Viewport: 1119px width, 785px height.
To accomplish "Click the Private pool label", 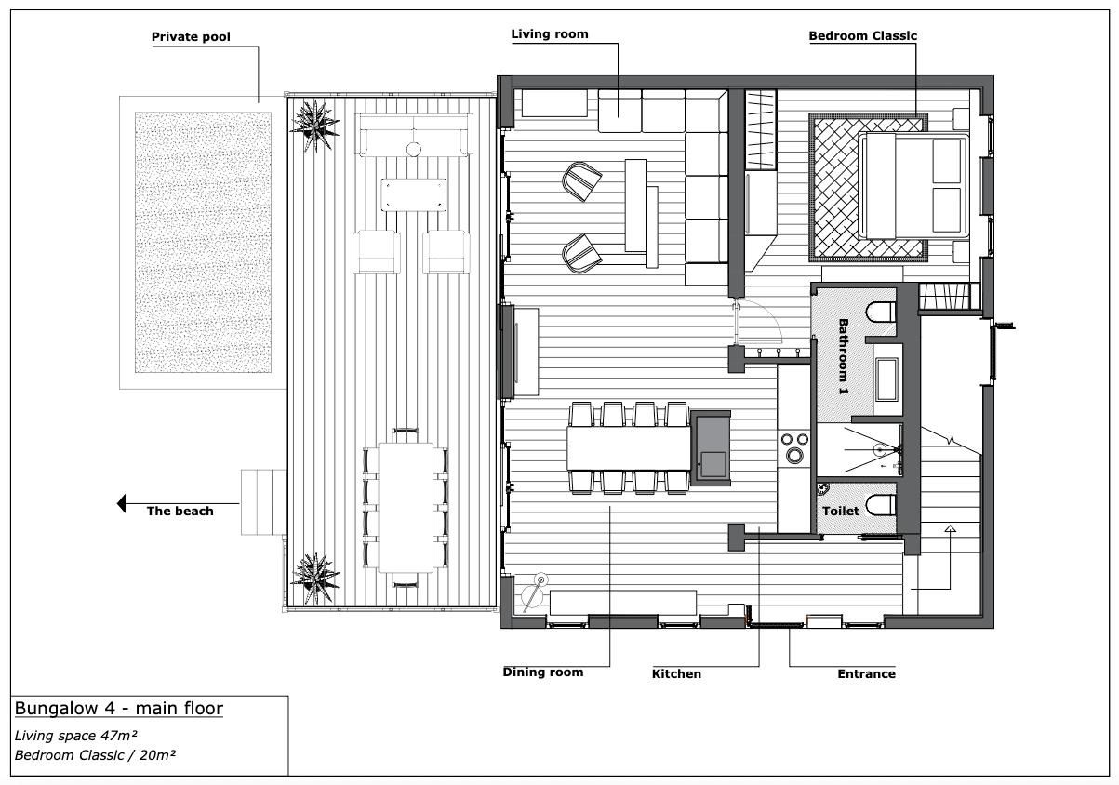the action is (191, 37).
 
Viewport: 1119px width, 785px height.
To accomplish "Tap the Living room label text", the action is (550, 34).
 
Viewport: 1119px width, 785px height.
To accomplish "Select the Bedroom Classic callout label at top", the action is (862, 36).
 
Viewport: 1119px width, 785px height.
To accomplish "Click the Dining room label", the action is (543, 672).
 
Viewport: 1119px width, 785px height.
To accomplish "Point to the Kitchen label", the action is (676, 674).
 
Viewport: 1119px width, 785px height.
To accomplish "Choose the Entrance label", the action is (866, 674).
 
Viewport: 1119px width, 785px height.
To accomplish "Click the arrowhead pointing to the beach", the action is (122, 503).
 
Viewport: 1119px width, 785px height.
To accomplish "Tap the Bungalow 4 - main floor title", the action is (119, 709).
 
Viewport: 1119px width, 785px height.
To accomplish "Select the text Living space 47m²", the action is (76, 736).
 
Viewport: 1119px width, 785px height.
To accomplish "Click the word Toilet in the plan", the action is (841, 512).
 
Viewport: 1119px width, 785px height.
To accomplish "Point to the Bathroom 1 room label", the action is (844, 356).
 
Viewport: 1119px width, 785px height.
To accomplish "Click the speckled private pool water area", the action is (203, 242).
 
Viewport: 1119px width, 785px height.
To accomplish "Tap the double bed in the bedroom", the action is (913, 185).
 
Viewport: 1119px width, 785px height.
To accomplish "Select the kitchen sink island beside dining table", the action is (711, 448).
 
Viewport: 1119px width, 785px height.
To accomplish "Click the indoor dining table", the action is (629, 448).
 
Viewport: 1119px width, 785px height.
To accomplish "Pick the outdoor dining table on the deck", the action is (406, 507).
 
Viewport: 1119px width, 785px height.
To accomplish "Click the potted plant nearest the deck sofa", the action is (314, 126).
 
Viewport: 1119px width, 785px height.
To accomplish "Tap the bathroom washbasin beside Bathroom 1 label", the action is (886, 379).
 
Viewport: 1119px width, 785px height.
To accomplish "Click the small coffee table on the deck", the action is (414, 194).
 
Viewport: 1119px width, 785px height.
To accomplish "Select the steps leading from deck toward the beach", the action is (263, 502).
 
